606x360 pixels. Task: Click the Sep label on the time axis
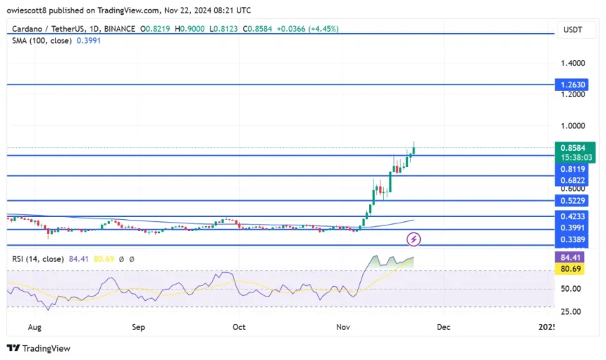138,328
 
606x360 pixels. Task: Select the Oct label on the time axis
239,328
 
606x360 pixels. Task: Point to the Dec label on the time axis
443,328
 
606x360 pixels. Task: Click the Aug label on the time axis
35,328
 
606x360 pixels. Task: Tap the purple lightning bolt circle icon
414,240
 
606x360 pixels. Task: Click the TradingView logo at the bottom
39,348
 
